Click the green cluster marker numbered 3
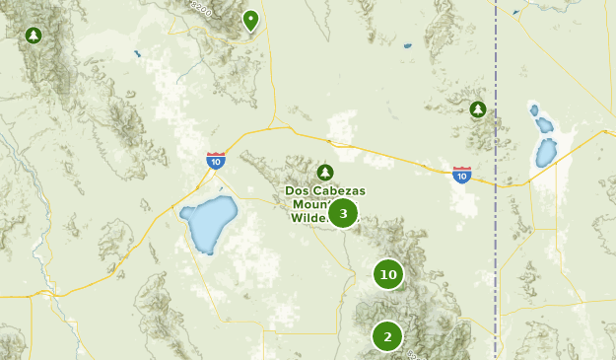point(342,212)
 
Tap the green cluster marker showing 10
point(388,274)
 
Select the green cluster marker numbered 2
point(387,336)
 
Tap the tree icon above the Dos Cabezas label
point(326,172)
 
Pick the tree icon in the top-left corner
point(34,36)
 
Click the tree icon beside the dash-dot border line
point(478,108)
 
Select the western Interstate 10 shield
point(216,160)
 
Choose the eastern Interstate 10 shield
point(461,175)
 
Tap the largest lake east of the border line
point(545,153)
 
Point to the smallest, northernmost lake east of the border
point(534,108)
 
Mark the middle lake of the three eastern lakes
point(543,124)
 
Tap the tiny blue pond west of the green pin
point(136,53)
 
